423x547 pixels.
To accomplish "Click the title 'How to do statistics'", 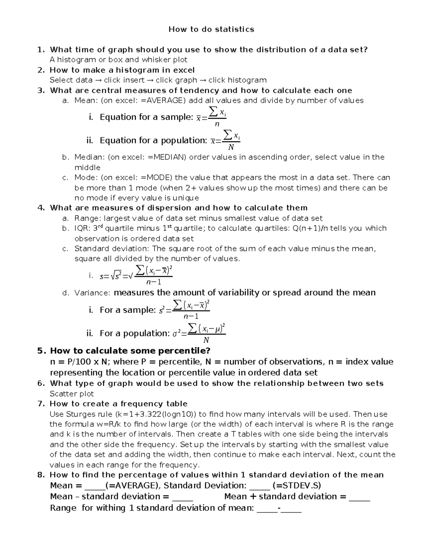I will coord(211,29).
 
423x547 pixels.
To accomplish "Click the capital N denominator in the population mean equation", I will coord(231,147).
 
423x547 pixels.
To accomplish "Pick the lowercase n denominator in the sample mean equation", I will coord(217,124).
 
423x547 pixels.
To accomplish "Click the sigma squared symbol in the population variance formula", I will coord(176,334).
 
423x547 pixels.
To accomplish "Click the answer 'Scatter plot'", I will coord(72,394).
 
